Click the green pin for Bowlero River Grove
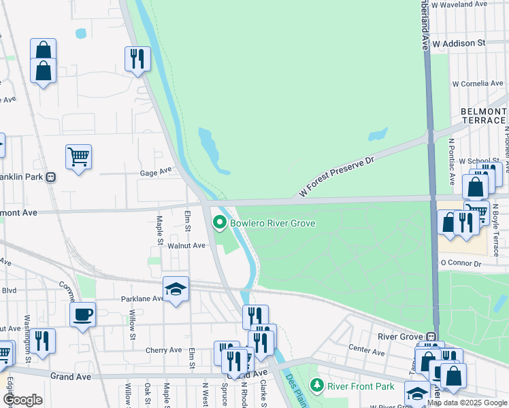tap(220, 222)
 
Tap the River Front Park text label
tap(361, 386)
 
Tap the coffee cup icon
tap(82, 314)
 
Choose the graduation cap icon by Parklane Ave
tap(176, 290)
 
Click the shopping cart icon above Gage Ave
tap(78, 157)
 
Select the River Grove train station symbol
tap(431, 337)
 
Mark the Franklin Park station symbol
tap(51, 177)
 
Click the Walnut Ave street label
tap(186, 245)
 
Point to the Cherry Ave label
tap(163, 350)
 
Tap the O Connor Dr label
tap(461, 263)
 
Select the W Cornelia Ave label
tap(478, 84)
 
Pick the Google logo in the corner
tap(22, 400)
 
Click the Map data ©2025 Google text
tap(467, 403)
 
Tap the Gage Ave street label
tap(157, 172)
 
